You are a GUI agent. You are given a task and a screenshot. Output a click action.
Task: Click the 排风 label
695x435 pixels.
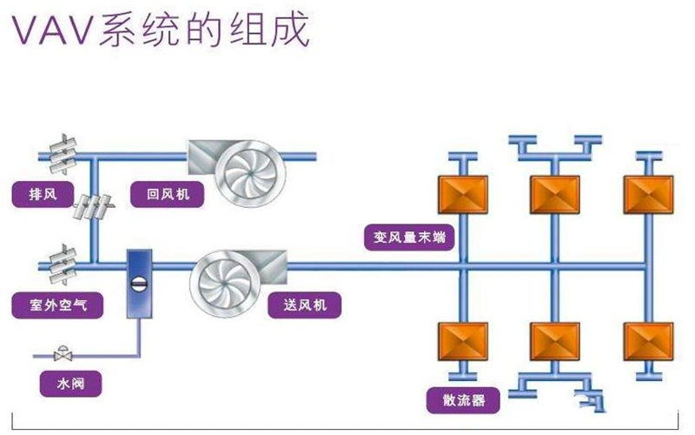point(39,193)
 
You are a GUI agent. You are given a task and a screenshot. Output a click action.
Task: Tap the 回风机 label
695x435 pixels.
point(162,194)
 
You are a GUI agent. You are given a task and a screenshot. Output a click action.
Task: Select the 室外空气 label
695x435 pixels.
point(55,305)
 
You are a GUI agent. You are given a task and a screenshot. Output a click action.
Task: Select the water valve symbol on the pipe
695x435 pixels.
point(61,355)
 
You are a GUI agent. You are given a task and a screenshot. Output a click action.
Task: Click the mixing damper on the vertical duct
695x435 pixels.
point(92,209)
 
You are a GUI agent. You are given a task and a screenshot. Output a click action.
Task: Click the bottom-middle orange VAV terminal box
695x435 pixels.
point(554,342)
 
